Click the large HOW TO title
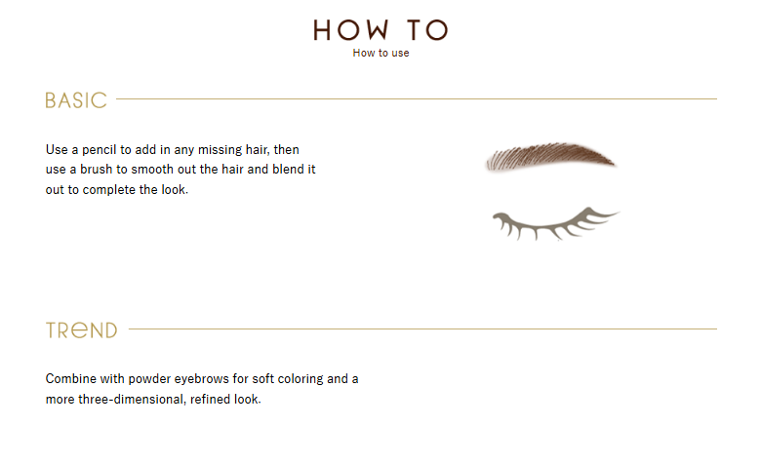(x=381, y=30)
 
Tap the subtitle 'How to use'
(x=381, y=53)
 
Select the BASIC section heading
(x=76, y=100)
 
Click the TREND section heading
(x=82, y=330)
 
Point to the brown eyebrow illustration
(x=550, y=157)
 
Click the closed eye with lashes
(x=555, y=224)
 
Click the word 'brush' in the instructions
(x=97, y=170)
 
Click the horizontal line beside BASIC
(x=417, y=99)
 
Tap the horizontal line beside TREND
(x=422, y=329)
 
